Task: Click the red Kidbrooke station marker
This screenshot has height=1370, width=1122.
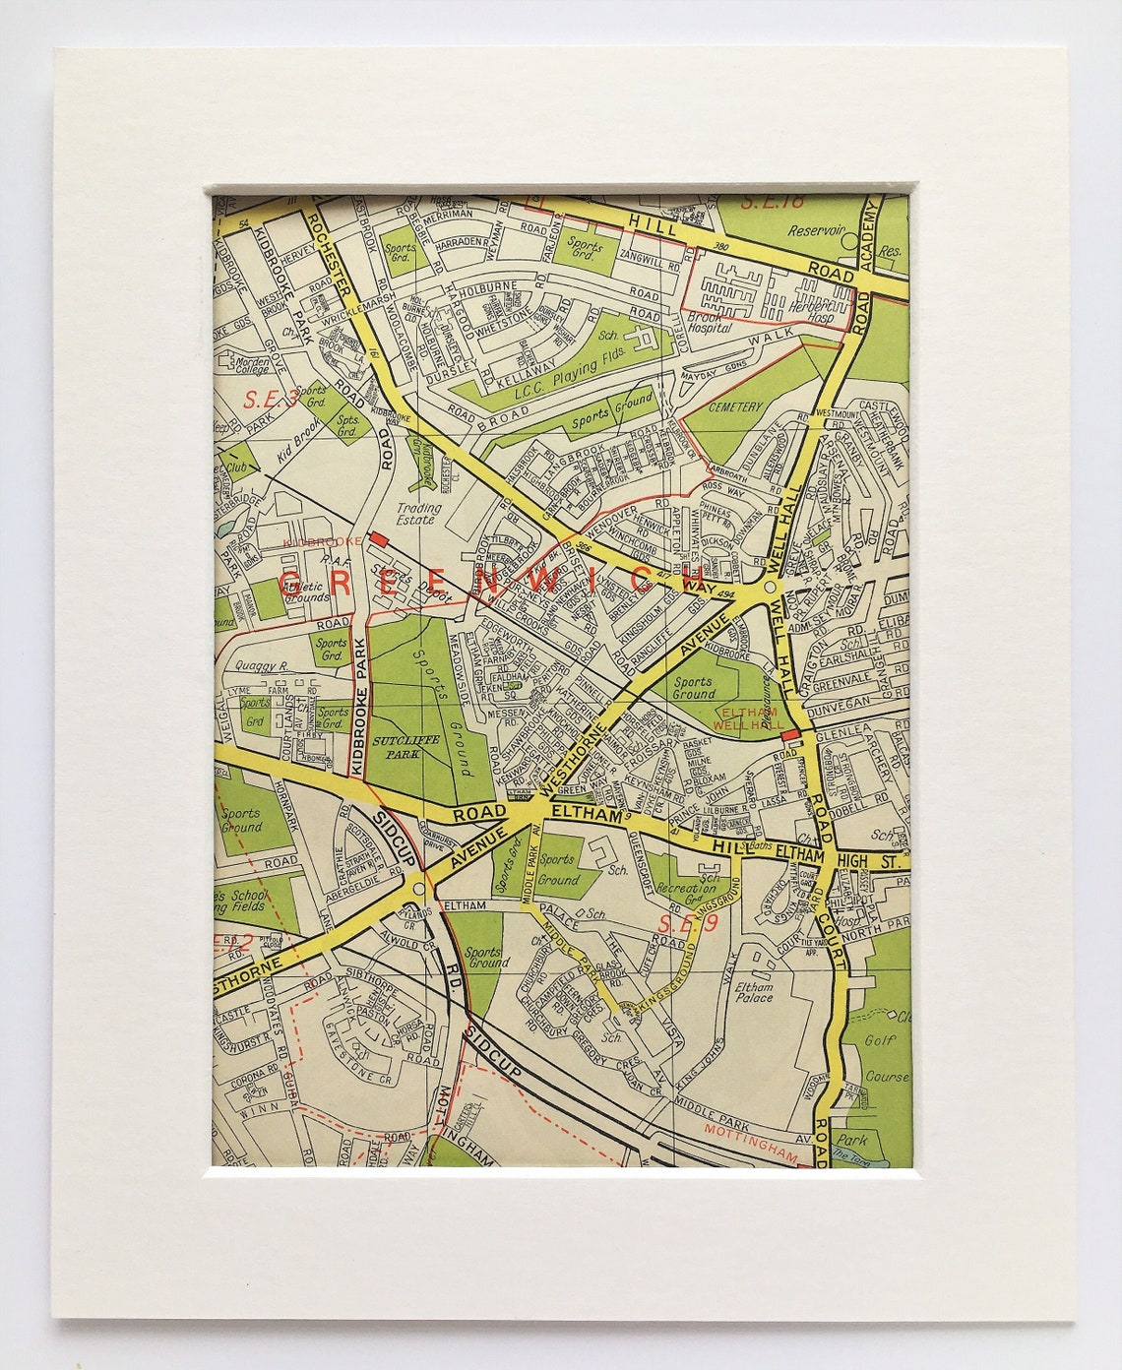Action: (x=378, y=539)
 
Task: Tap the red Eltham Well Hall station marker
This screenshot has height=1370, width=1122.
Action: (x=789, y=734)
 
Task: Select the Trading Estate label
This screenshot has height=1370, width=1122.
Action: (x=418, y=515)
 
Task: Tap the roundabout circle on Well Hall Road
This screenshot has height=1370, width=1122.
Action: (x=773, y=588)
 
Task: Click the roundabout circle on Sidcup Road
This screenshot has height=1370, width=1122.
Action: (x=419, y=888)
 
